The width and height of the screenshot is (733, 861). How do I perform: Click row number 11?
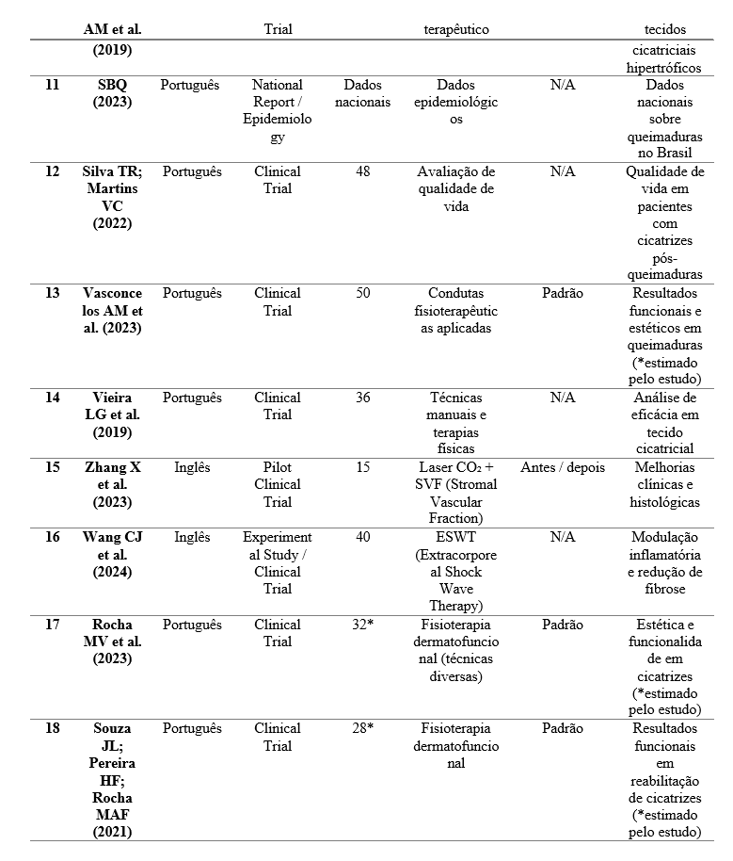(x=53, y=85)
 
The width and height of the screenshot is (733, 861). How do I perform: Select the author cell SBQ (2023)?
(x=112, y=93)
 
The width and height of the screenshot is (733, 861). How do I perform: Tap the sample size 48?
(x=362, y=171)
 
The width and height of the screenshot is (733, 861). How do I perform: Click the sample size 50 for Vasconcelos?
(x=362, y=293)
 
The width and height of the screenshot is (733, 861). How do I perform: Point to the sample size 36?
(x=362, y=398)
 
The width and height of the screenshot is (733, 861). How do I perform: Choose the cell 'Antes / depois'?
(x=563, y=467)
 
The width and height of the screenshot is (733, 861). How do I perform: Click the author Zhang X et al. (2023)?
(x=112, y=484)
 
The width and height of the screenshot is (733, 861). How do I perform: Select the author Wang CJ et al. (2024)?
(x=112, y=554)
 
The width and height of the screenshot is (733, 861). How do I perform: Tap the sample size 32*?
(x=362, y=625)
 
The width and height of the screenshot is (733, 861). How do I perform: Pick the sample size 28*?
(x=362, y=728)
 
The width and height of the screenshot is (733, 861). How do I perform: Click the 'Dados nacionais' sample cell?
(x=362, y=93)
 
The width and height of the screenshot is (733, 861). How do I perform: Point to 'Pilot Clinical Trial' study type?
(x=278, y=484)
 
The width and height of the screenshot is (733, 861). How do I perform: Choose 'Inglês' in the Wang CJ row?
(x=192, y=537)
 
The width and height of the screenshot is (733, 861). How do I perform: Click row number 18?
(x=53, y=728)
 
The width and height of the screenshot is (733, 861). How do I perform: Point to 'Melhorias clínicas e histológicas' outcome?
(x=666, y=484)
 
